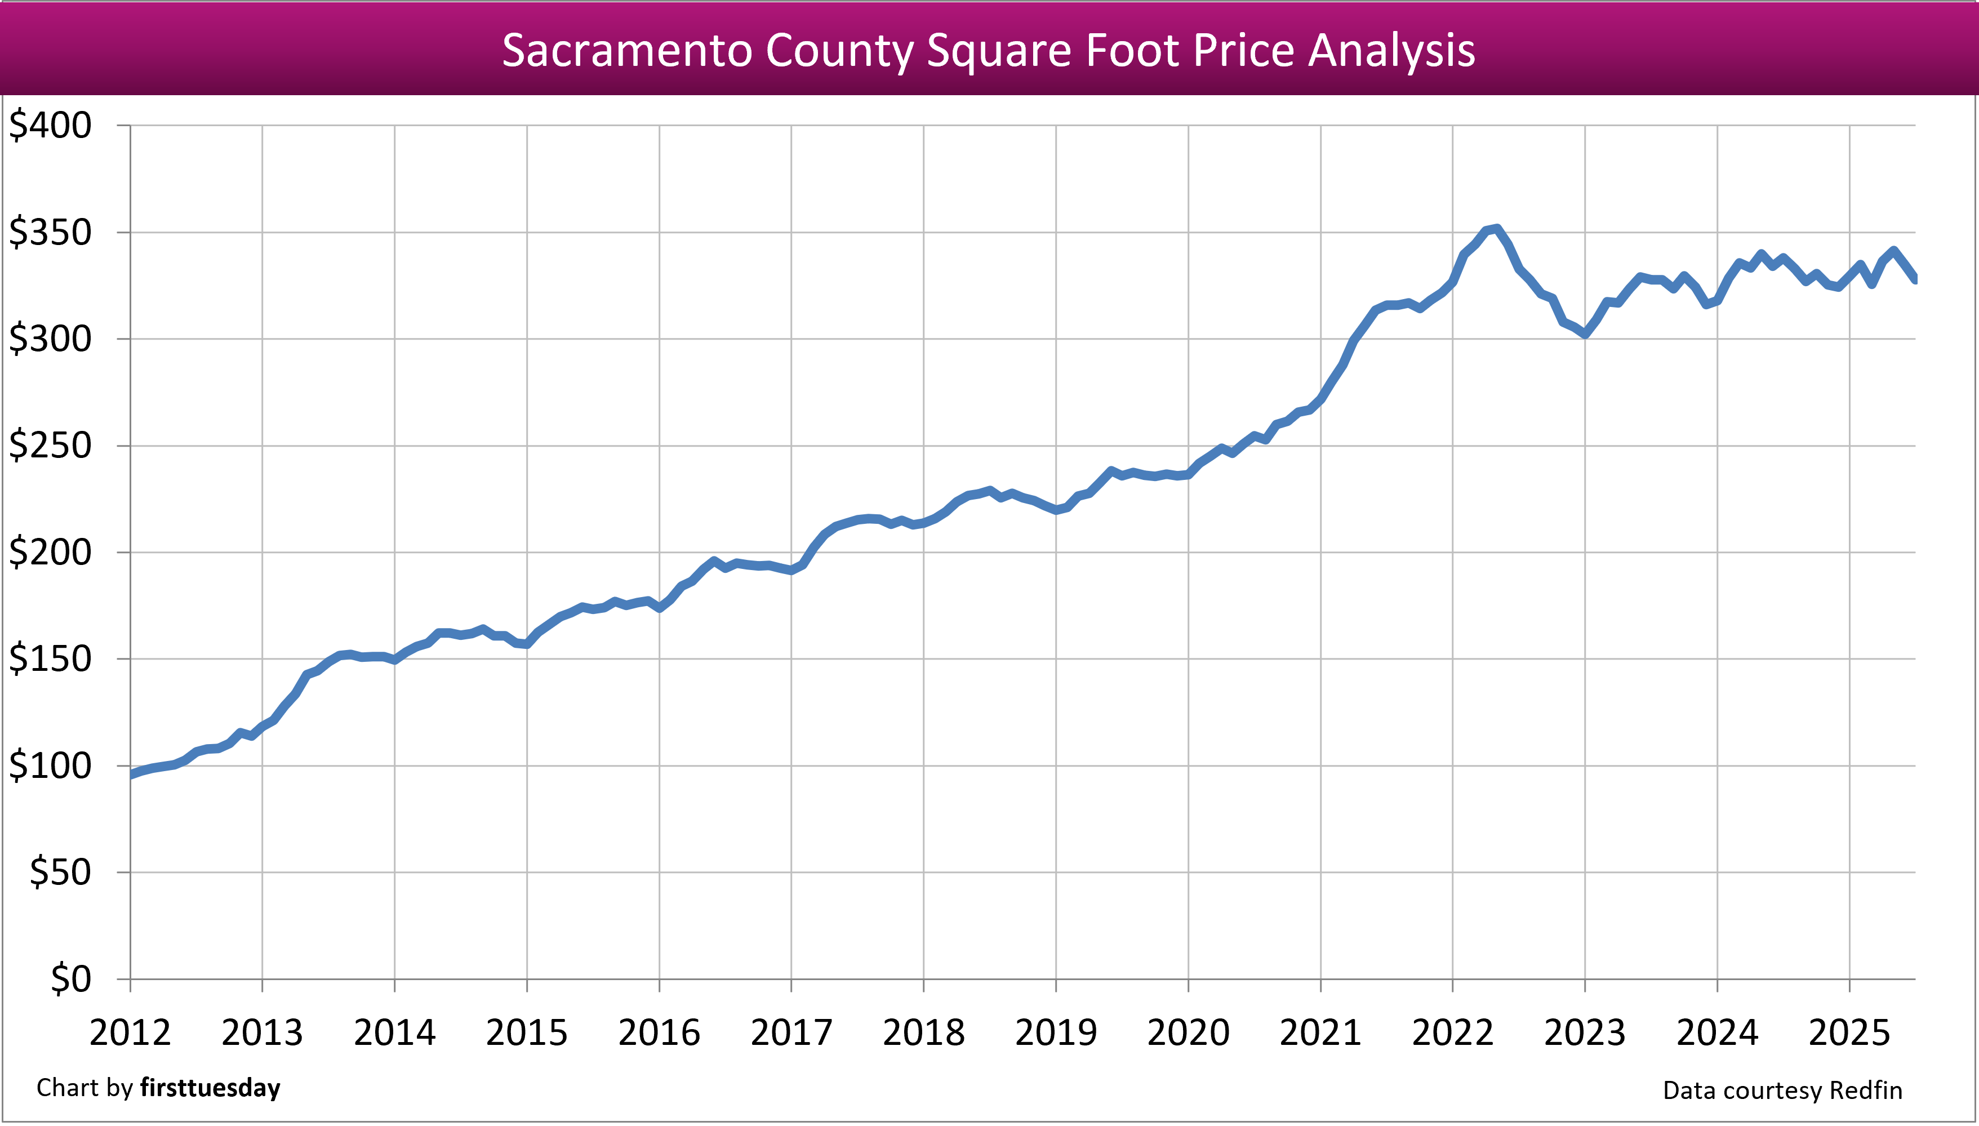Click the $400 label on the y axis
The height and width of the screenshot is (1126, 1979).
tap(50, 125)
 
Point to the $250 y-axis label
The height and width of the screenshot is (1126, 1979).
tap(50, 446)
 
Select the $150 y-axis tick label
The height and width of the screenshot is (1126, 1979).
tap(50, 660)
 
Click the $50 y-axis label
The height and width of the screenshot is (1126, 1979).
tap(60, 873)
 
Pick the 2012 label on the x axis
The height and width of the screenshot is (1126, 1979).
tap(130, 1033)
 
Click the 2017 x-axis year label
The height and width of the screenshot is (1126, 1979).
tap(791, 1033)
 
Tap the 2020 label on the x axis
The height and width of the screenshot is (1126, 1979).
tap(1188, 1033)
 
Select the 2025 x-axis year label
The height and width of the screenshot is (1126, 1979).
tap(1849, 1033)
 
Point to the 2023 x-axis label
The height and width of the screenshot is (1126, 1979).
tap(1585, 1033)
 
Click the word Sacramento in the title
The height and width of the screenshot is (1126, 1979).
tap(627, 51)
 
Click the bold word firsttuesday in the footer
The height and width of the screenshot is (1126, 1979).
tap(210, 1088)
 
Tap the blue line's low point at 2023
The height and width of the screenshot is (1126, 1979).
tap(1585, 334)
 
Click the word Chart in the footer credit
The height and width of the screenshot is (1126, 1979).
tap(68, 1088)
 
